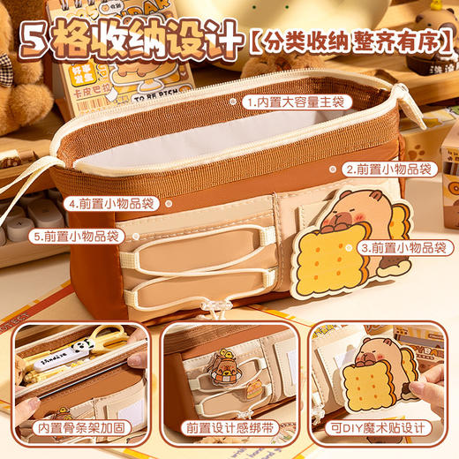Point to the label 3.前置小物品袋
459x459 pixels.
click(x=405, y=250)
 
